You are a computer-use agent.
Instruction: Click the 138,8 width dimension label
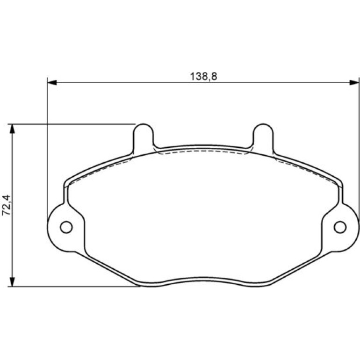203,77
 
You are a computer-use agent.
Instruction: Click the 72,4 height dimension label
6,205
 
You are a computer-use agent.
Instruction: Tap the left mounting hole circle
66,227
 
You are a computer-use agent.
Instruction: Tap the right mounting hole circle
340,227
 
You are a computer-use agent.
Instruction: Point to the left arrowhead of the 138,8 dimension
52,82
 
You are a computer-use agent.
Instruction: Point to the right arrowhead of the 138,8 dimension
354,82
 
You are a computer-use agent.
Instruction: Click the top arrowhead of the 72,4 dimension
12,129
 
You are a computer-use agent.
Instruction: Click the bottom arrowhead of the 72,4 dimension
12,282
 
